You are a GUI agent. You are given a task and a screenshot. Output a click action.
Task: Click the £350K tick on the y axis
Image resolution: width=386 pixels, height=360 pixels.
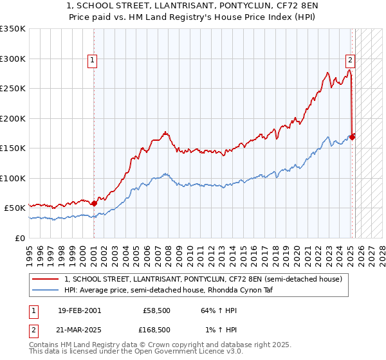(12, 29)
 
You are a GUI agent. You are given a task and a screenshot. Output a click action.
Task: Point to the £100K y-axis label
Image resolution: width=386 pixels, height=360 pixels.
(12, 178)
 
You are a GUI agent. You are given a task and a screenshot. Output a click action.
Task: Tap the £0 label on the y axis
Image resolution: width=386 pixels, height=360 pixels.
(19, 238)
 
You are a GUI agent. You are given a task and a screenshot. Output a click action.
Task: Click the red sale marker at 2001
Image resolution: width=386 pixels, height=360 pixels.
(94, 203)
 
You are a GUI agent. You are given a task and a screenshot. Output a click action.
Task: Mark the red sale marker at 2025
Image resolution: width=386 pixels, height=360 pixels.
(352, 136)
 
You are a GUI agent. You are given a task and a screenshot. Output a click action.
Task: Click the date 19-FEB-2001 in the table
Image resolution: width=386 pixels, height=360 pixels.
(79, 310)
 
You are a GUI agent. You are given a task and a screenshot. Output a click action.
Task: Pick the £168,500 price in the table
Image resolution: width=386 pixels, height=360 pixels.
(157, 330)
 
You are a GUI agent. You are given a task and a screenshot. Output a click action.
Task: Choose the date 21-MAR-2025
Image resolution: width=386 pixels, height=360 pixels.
(79, 330)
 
